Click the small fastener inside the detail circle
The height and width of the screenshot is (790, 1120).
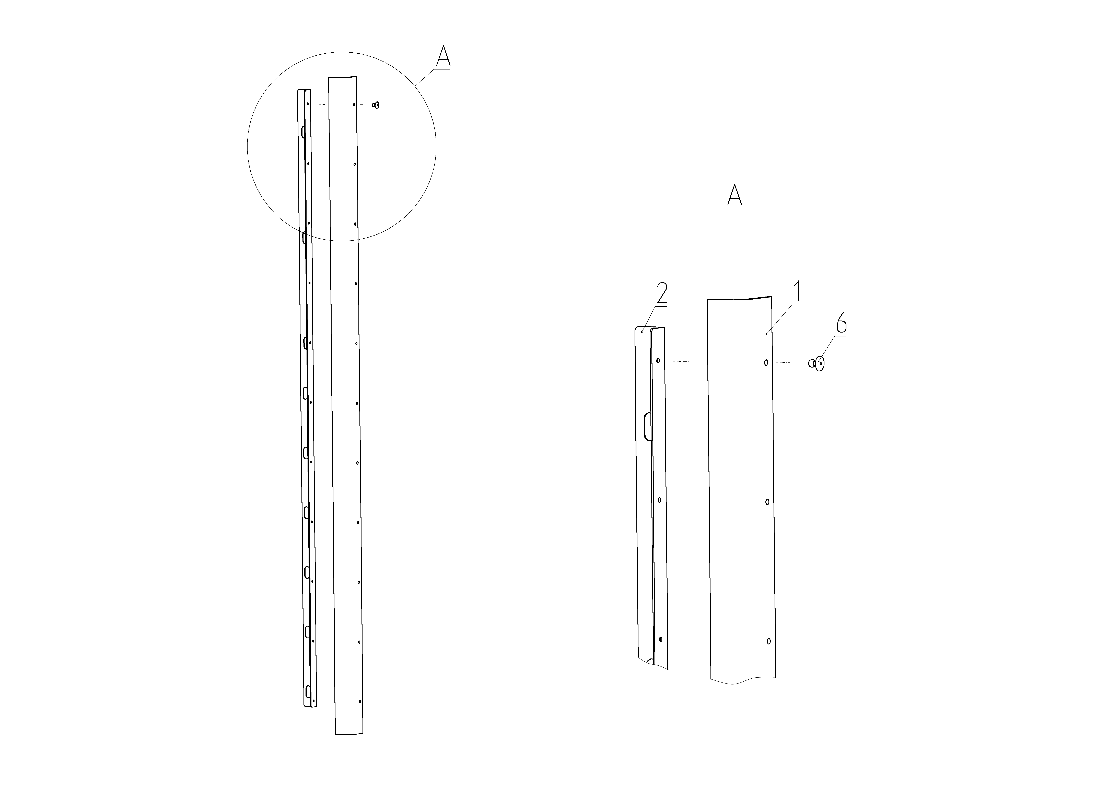[376, 105]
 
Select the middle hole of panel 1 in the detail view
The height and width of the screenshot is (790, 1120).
[767, 502]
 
